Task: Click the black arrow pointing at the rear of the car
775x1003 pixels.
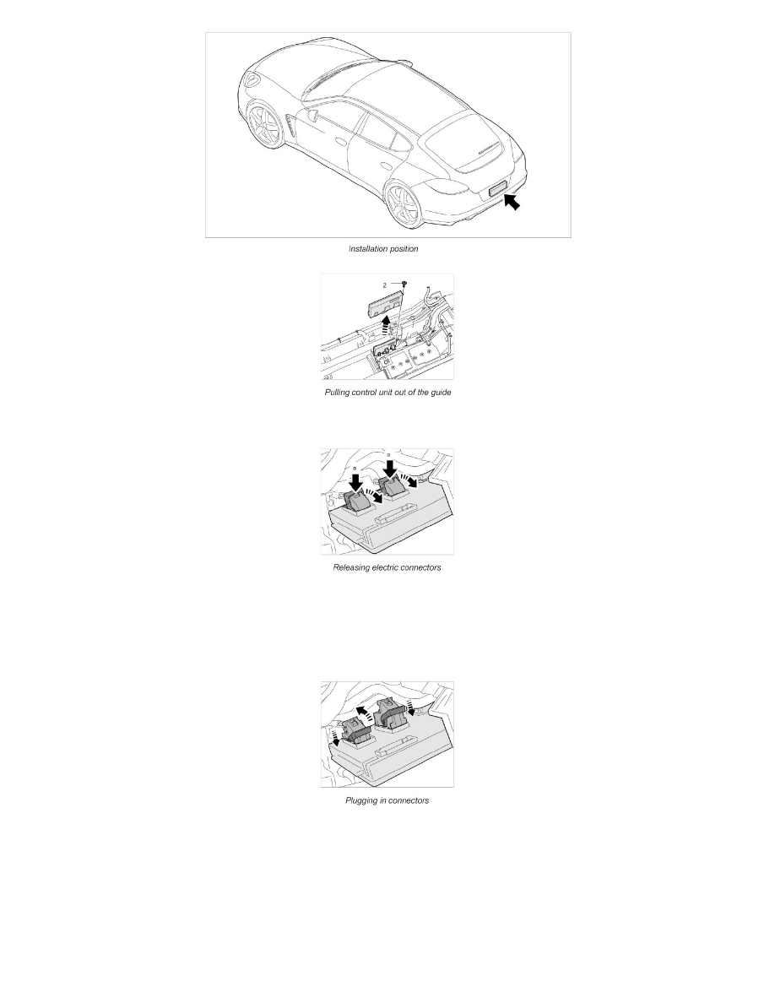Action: [512, 203]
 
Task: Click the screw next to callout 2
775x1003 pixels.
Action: [405, 285]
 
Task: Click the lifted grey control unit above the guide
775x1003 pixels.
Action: [383, 301]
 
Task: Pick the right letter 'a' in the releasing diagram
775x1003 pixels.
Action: [388, 455]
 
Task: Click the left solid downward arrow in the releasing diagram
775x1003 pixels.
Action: [355, 479]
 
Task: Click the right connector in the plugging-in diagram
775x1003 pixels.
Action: [393, 716]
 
